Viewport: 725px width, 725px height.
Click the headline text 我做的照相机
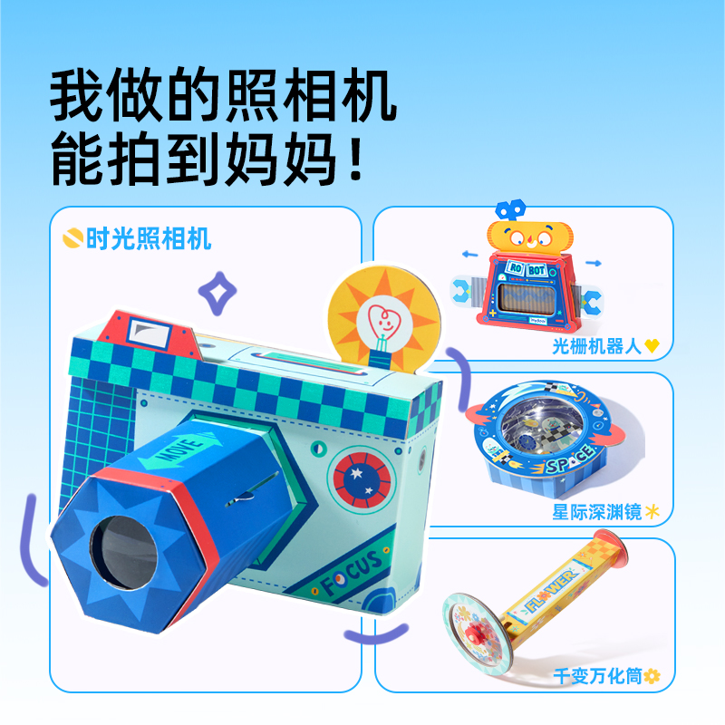pyautogui.click(x=223, y=94)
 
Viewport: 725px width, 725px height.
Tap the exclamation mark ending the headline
pyautogui.click(x=356, y=158)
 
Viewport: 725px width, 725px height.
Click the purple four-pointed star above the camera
pyautogui.click(x=218, y=292)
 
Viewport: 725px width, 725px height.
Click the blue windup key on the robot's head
pyautogui.click(x=511, y=208)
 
